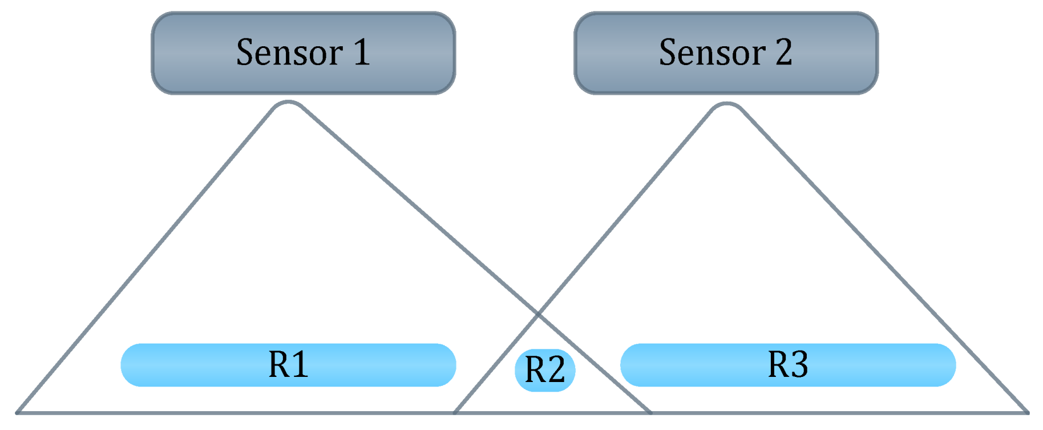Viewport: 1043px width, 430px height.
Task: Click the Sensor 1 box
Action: click(303, 53)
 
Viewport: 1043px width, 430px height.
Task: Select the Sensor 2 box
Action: click(726, 53)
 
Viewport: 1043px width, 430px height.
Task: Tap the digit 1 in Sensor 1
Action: click(362, 53)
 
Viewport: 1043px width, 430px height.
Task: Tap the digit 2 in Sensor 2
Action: click(784, 53)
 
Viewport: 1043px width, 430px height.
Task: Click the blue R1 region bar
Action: click(288, 365)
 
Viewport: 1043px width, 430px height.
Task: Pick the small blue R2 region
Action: click(545, 370)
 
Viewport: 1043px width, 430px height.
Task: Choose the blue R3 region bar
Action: click(788, 365)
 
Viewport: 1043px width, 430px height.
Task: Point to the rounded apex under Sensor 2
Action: click(726, 105)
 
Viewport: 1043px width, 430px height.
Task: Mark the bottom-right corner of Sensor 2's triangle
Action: click(1027, 412)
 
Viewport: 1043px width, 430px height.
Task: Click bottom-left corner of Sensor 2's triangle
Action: click(455, 412)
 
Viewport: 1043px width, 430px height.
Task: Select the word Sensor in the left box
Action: click(289, 53)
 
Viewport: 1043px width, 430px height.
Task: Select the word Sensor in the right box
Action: click(712, 53)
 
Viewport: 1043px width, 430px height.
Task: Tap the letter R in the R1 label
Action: click(278, 364)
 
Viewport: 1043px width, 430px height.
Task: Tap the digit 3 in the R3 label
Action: click(799, 364)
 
